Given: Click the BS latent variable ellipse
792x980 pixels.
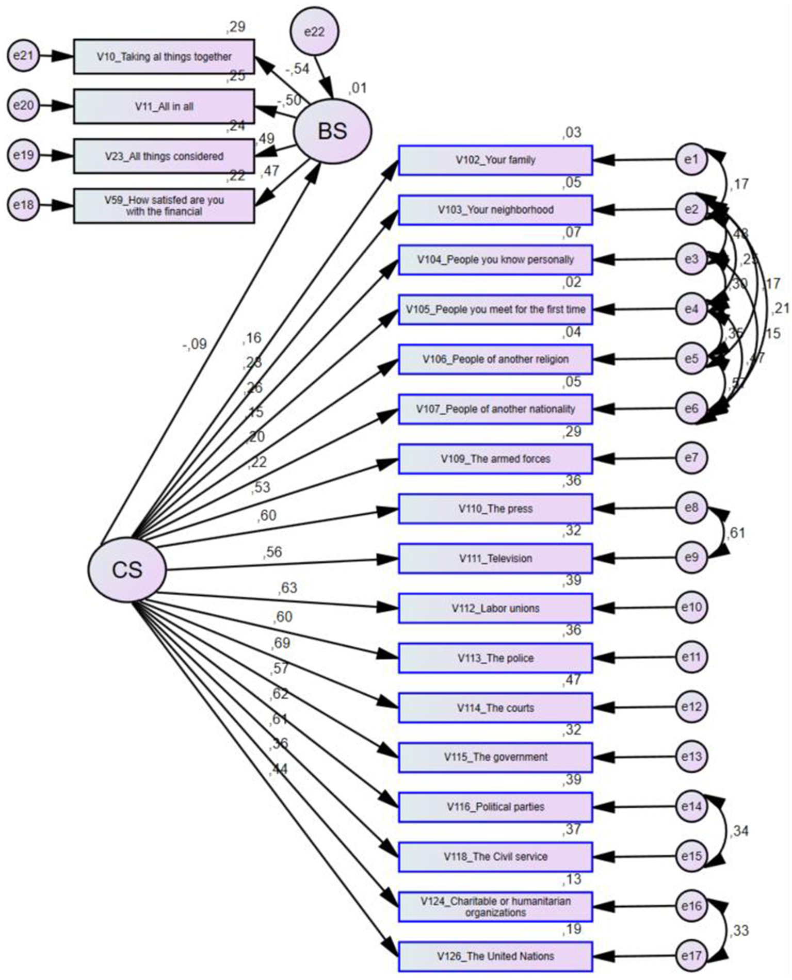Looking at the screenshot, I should coord(332,131).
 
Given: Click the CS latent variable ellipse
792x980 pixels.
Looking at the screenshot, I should coord(127,570).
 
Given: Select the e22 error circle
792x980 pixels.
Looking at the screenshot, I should coord(314,32).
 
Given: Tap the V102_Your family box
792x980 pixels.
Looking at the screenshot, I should coord(495,160).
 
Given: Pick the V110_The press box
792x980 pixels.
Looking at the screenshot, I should coord(495,509).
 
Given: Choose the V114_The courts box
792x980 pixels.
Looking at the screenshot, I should coord(495,708).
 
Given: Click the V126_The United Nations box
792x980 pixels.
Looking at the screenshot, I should coord(495,956).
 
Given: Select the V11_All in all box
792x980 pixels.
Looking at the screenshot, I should coord(164,107).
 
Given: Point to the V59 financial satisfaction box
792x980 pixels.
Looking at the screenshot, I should coord(164,206).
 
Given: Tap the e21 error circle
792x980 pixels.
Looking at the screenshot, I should coord(23,55).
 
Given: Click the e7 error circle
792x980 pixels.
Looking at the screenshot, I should coord(691,458).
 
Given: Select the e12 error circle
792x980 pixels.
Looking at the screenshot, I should coord(691,707).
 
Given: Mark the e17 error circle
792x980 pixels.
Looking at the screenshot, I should coord(691,956).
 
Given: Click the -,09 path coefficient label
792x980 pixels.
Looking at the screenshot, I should coord(195,344).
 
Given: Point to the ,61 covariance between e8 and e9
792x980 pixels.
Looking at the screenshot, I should coord(736,533).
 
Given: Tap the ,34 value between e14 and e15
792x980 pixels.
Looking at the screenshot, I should coord(739,831).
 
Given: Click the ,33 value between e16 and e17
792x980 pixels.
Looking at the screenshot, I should coord(739,931).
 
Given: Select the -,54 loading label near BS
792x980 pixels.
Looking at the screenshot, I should coord(297,69).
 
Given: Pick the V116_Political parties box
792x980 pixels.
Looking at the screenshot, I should coord(495,807).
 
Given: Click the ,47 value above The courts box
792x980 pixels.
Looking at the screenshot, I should coord(572,680).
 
